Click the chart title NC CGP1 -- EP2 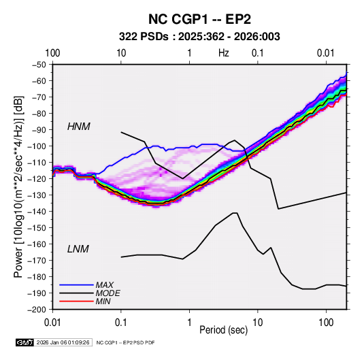[199, 19]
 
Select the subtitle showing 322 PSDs [199, 37]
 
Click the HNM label [79, 127]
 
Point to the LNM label [78, 249]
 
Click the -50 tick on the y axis [39, 65]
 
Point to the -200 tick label [37, 310]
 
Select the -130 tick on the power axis [37, 195]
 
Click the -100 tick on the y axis [37, 146]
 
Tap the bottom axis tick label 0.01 [52, 323]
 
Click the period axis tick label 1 [189, 323]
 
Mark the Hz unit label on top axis [224, 53]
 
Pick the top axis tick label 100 [52, 53]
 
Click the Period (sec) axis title [224, 330]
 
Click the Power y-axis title [18, 186]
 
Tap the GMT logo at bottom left [25, 342]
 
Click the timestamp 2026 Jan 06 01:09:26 [63, 342]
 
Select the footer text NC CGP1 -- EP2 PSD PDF [125, 342]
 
